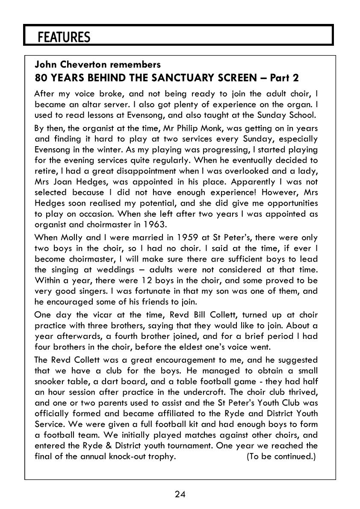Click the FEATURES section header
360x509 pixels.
coord(64,37)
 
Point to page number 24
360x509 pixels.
coord(180,494)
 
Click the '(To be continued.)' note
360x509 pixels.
coord(281,456)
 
